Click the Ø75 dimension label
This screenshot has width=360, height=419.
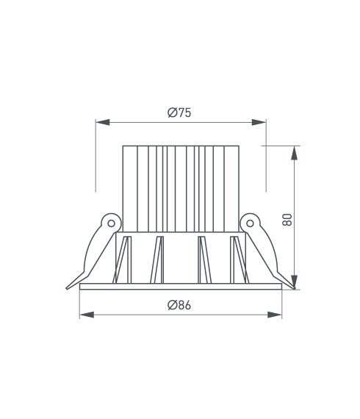pyautogui.click(x=179, y=112)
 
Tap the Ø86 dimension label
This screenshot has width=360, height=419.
pyautogui.click(x=179, y=305)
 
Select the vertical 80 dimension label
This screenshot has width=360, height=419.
pyautogui.click(x=287, y=220)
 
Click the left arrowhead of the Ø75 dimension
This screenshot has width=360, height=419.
pyautogui.click(x=103, y=122)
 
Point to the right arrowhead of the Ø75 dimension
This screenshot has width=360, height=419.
pyautogui.click(x=259, y=122)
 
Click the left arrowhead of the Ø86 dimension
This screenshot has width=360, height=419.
pyautogui.click(x=87, y=315)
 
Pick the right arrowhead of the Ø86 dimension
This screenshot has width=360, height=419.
pyautogui.click(x=275, y=315)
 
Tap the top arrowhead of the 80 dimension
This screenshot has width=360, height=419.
pyautogui.click(x=294, y=153)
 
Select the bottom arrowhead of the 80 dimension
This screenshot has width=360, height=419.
pyautogui.click(x=294, y=282)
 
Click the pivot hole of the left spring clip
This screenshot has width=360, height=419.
pyautogui.click(x=112, y=223)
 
